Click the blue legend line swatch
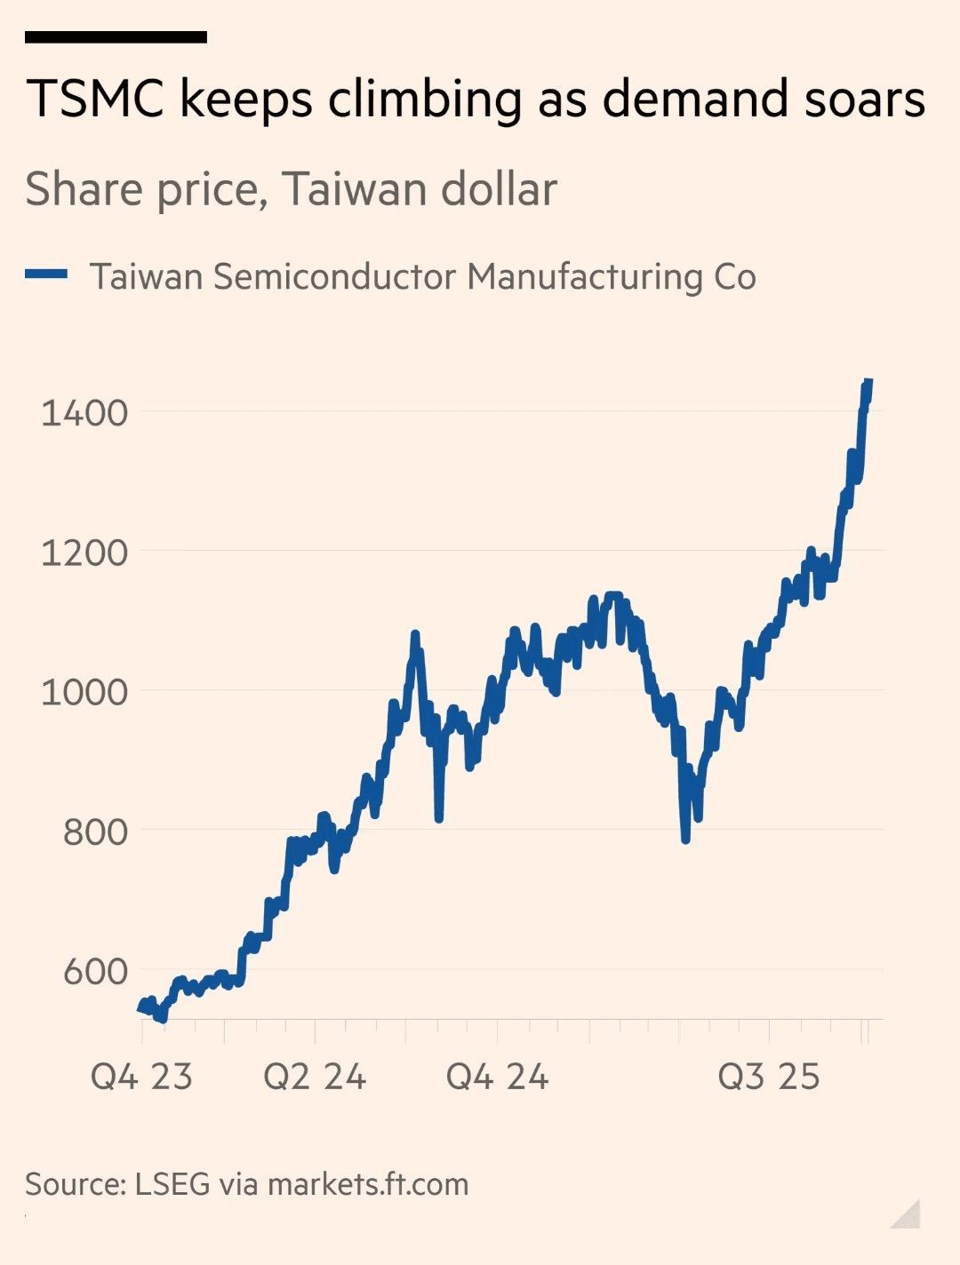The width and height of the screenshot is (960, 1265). tap(46, 275)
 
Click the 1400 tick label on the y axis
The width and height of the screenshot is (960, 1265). tap(84, 412)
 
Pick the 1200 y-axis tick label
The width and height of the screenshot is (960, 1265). tap(84, 553)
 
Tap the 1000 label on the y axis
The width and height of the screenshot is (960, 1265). tap(84, 692)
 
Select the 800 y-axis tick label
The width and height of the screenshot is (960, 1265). tap(95, 831)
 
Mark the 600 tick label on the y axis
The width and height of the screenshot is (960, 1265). tap(95, 971)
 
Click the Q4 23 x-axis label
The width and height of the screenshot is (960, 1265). tap(141, 1077)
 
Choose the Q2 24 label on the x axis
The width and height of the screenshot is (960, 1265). tap(315, 1077)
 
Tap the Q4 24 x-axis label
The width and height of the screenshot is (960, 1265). tap(497, 1077)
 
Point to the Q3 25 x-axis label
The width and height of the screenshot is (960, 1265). tap(768, 1077)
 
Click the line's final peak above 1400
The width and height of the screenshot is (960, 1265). tap(868, 382)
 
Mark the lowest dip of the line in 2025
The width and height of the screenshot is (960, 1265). tap(685, 838)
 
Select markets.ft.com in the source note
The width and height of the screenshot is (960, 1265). tap(368, 1184)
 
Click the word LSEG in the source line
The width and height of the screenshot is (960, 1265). tap(172, 1184)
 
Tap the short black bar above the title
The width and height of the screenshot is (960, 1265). tap(116, 37)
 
